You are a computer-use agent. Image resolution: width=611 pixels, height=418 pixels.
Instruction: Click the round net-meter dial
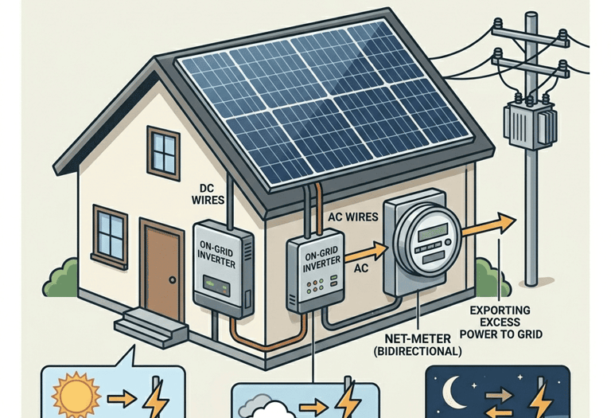[x=427, y=236]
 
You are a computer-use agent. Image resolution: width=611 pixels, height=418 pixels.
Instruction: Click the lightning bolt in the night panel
[x=543, y=395]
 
